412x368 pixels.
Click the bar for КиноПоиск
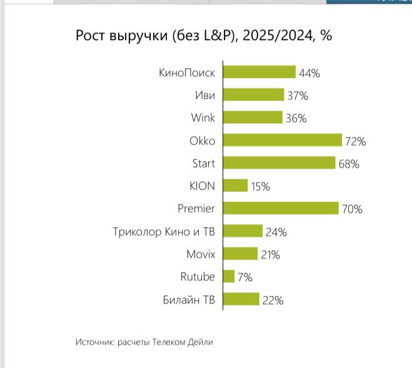259,73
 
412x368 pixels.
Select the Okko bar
282,140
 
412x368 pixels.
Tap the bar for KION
235,186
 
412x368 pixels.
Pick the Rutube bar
229,277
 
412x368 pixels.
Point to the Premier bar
281,208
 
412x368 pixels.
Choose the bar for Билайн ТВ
241,300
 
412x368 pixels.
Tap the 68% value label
349,164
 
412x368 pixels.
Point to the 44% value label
309,73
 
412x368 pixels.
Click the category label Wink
203,118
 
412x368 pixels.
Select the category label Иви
204,95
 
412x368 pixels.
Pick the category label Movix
200,254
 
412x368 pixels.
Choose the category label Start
203,163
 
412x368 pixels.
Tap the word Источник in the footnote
94,342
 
